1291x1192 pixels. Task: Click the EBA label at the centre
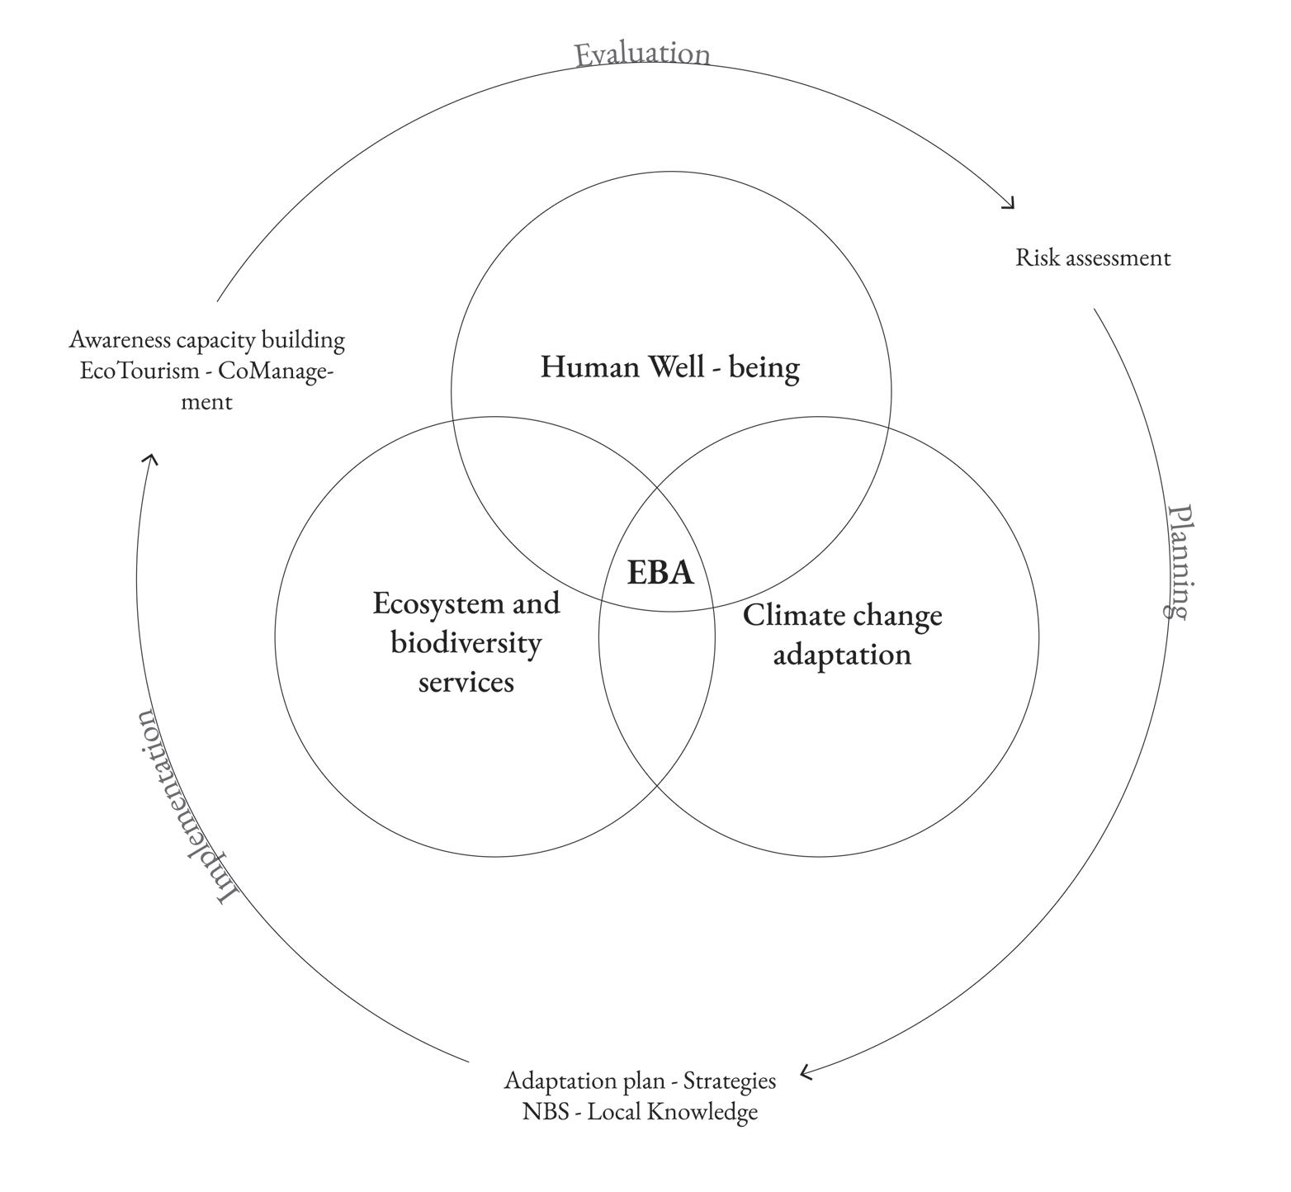pyautogui.click(x=660, y=573)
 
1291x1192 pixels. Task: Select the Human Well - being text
pyautogui.click(x=669, y=367)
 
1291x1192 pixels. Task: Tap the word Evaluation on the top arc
pyautogui.click(x=641, y=54)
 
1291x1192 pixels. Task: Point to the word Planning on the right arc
pyautogui.click(x=1180, y=561)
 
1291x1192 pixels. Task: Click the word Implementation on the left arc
pyautogui.click(x=187, y=806)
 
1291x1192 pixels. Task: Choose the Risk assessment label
pyautogui.click(x=1092, y=258)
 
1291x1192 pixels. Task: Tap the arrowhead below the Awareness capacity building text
pyautogui.click(x=149, y=458)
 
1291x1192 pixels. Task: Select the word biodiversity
pyautogui.click(x=466, y=643)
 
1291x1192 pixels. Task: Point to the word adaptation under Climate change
pyautogui.click(x=842, y=655)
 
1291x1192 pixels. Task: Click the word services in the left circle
pyautogui.click(x=466, y=683)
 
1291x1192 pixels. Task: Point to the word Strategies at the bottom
pyautogui.click(x=729, y=1081)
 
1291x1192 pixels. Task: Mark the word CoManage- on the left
pyautogui.click(x=276, y=371)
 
